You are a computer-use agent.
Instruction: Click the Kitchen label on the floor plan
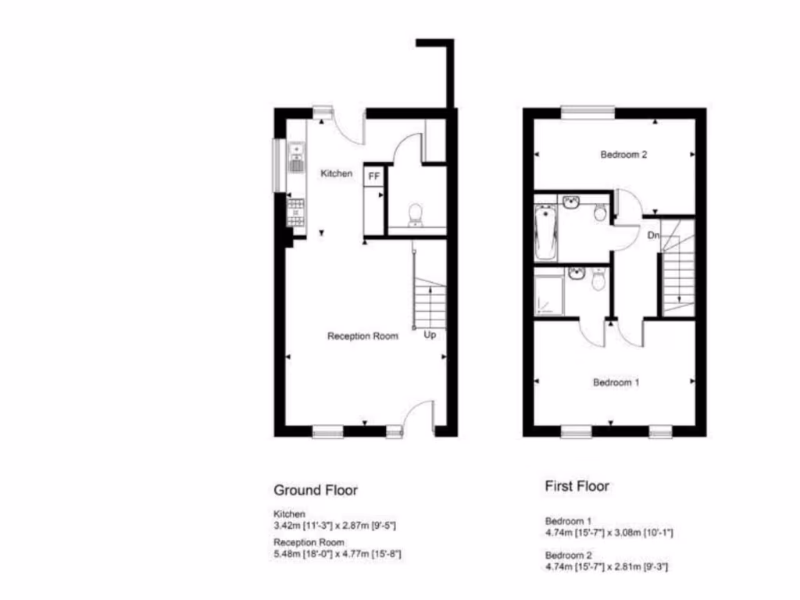click(x=337, y=173)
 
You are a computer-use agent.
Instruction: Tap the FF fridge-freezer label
click(x=374, y=177)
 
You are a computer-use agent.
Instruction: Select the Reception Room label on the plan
click(x=362, y=336)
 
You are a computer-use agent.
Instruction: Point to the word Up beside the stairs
click(x=430, y=335)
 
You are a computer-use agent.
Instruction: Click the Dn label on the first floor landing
click(x=654, y=234)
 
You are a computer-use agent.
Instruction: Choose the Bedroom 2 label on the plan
click(x=623, y=155)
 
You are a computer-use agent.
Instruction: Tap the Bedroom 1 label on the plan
click(x=616, y=383)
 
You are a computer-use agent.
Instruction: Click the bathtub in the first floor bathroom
click(x=546, y=233)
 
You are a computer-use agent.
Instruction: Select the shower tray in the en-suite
click(x=548, y=295)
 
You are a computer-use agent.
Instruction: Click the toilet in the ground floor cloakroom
click(x=416, y=213)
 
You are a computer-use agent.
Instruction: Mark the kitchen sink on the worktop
click(x=297, y=158)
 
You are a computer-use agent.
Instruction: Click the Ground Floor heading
click(x=316, y=491)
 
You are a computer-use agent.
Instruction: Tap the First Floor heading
click(x=577, y=486)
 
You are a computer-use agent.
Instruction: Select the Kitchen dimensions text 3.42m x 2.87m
click(x=340, y=526)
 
